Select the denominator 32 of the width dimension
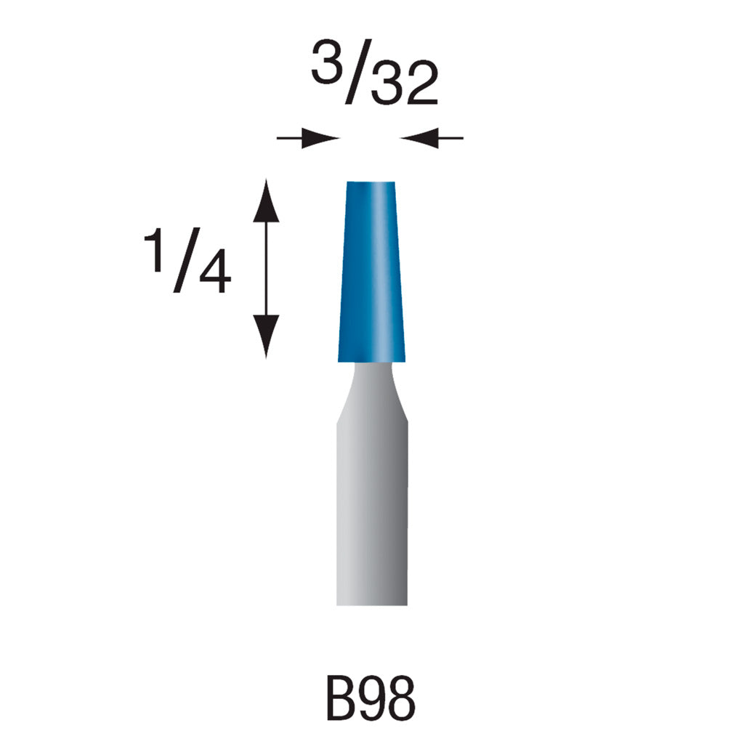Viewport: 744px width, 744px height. (x=402, y=86)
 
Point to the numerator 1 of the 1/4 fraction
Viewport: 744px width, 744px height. (x=155, y=249)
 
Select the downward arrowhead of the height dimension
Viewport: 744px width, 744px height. (x=266, y=334)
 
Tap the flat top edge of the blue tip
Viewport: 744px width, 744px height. (x=371, y=182)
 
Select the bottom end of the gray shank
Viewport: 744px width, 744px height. (x=371, y=601)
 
